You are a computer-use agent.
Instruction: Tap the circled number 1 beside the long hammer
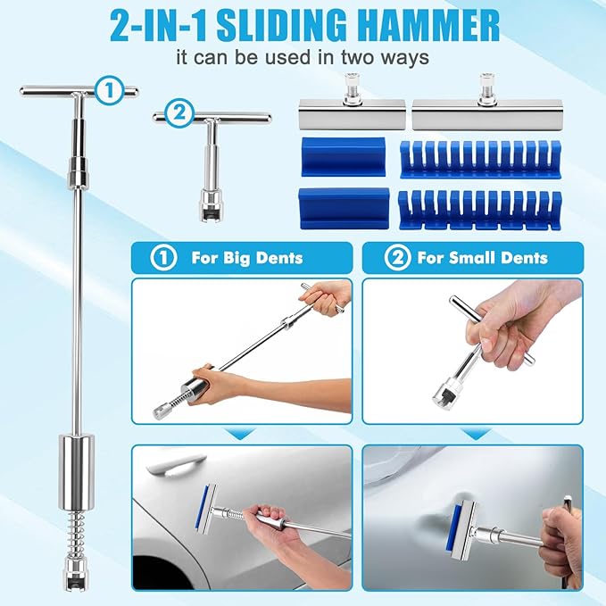coord(109,89)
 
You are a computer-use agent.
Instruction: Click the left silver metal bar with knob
coord(352,116)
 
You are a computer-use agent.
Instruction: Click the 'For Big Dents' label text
coord(246,259)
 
